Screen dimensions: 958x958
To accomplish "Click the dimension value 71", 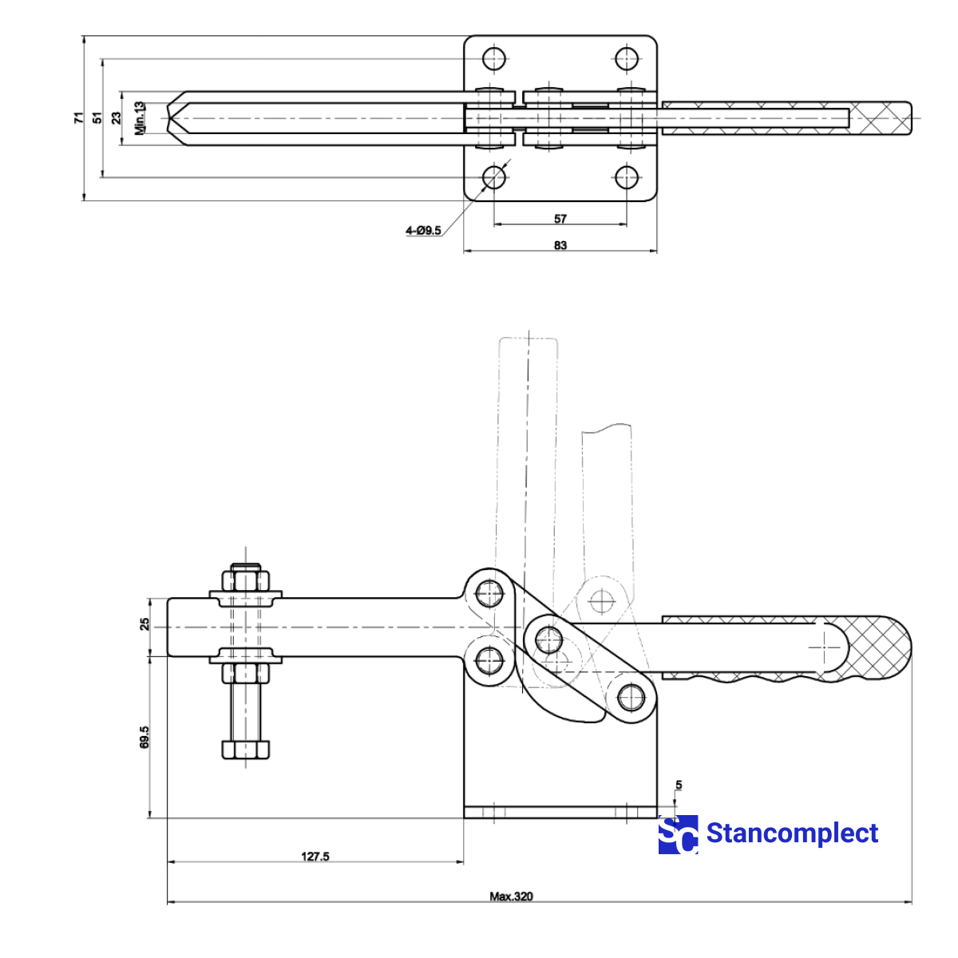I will point(78,117).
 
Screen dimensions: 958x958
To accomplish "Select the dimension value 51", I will point(97,117).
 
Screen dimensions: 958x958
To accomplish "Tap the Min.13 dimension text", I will point(141,117).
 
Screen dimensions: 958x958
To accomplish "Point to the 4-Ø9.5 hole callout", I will point(423,231).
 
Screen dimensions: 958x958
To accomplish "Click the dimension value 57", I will point(560,219).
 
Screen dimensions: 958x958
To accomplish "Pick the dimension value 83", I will point(560,245).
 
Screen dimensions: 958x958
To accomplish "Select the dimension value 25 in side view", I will point(144,624).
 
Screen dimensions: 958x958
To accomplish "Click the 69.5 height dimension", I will point(144,736).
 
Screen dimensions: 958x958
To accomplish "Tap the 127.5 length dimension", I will point(315,857).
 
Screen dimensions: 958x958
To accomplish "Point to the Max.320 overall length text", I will point(511,897).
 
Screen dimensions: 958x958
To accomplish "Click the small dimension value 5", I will point(679,786).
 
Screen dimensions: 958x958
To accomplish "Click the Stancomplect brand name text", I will point(792,833).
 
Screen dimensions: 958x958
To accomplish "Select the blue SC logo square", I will point(678,835).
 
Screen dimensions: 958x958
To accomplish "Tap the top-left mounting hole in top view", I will point(494,58).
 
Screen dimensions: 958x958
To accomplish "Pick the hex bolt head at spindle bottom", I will point(245,750).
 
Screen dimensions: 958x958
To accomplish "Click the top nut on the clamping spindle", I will point(246,578).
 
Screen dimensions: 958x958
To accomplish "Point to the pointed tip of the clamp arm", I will point(171,117).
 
